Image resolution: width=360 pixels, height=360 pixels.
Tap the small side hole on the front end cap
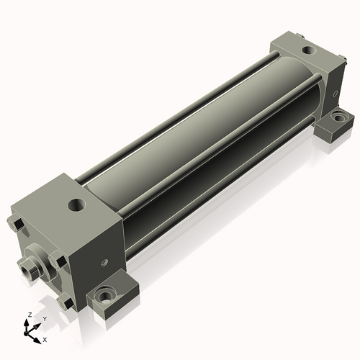point(104,262)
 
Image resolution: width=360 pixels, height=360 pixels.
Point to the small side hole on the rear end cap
point(336,93)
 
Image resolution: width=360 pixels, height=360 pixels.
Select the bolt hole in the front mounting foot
point(104,296)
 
